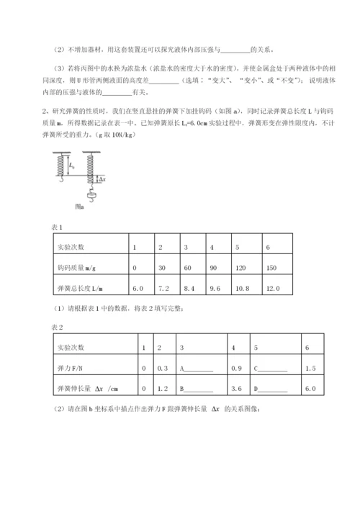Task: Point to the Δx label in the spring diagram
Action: [x=102, y=180]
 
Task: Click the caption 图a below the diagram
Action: [x=78, y=207]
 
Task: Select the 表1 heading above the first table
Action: [x=58, y=227]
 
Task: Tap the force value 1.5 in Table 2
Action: [x=311, y=369]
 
